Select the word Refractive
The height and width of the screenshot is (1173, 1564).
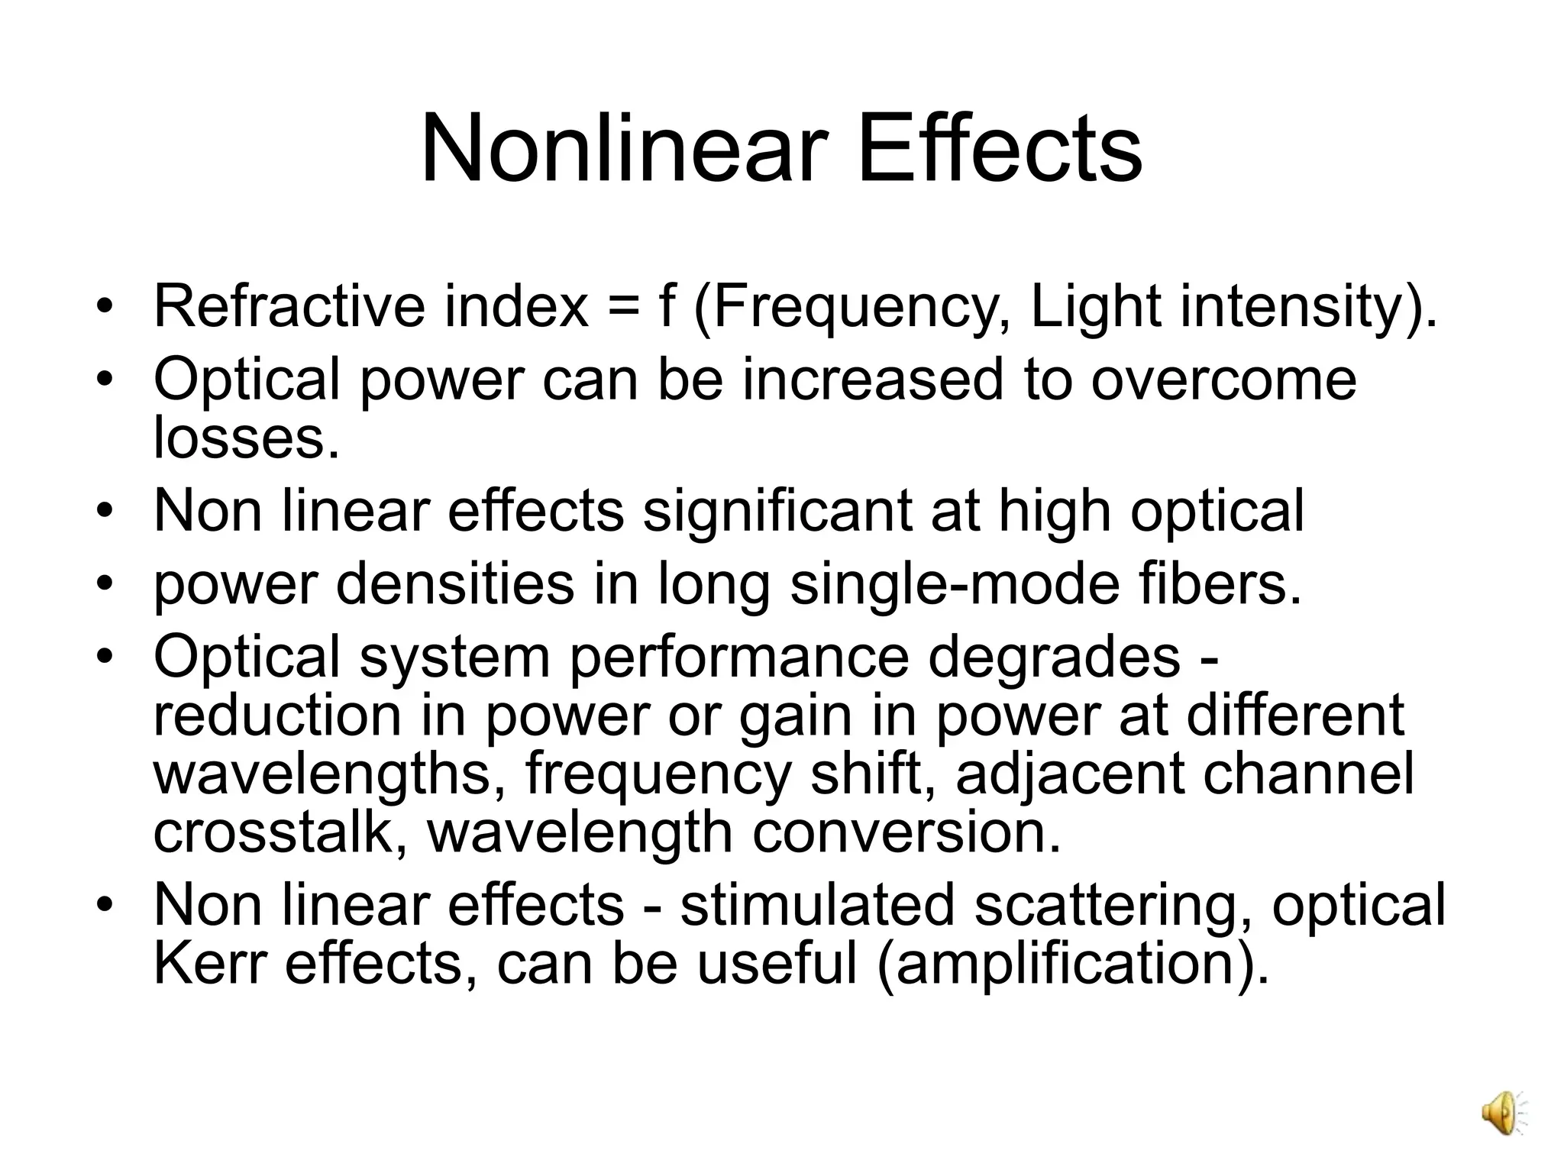point(289,307)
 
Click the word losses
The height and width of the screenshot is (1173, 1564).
point(246,438)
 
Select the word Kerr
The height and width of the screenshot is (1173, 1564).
point(209,964)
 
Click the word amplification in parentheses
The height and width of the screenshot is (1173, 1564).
point(1065,964)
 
